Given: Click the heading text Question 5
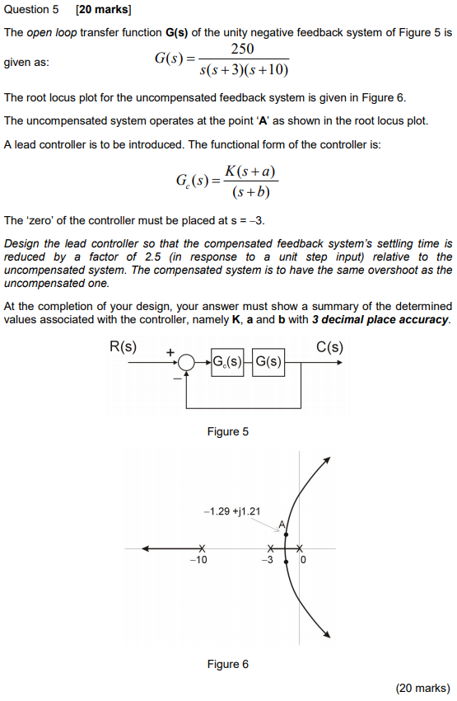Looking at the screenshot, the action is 32,11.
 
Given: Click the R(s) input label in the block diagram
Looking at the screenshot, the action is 124,346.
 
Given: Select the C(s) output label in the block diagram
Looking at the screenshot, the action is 329,346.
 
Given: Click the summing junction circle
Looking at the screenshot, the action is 187,362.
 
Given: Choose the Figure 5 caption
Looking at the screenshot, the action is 228,431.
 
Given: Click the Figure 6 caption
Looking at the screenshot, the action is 228,664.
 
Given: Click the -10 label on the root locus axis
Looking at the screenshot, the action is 198,560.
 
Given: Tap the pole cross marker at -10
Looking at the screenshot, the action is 200,548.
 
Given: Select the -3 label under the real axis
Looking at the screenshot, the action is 266,561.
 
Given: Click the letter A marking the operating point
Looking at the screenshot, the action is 281,525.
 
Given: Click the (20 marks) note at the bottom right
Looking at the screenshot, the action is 422,687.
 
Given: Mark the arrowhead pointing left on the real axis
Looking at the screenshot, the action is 147,548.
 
